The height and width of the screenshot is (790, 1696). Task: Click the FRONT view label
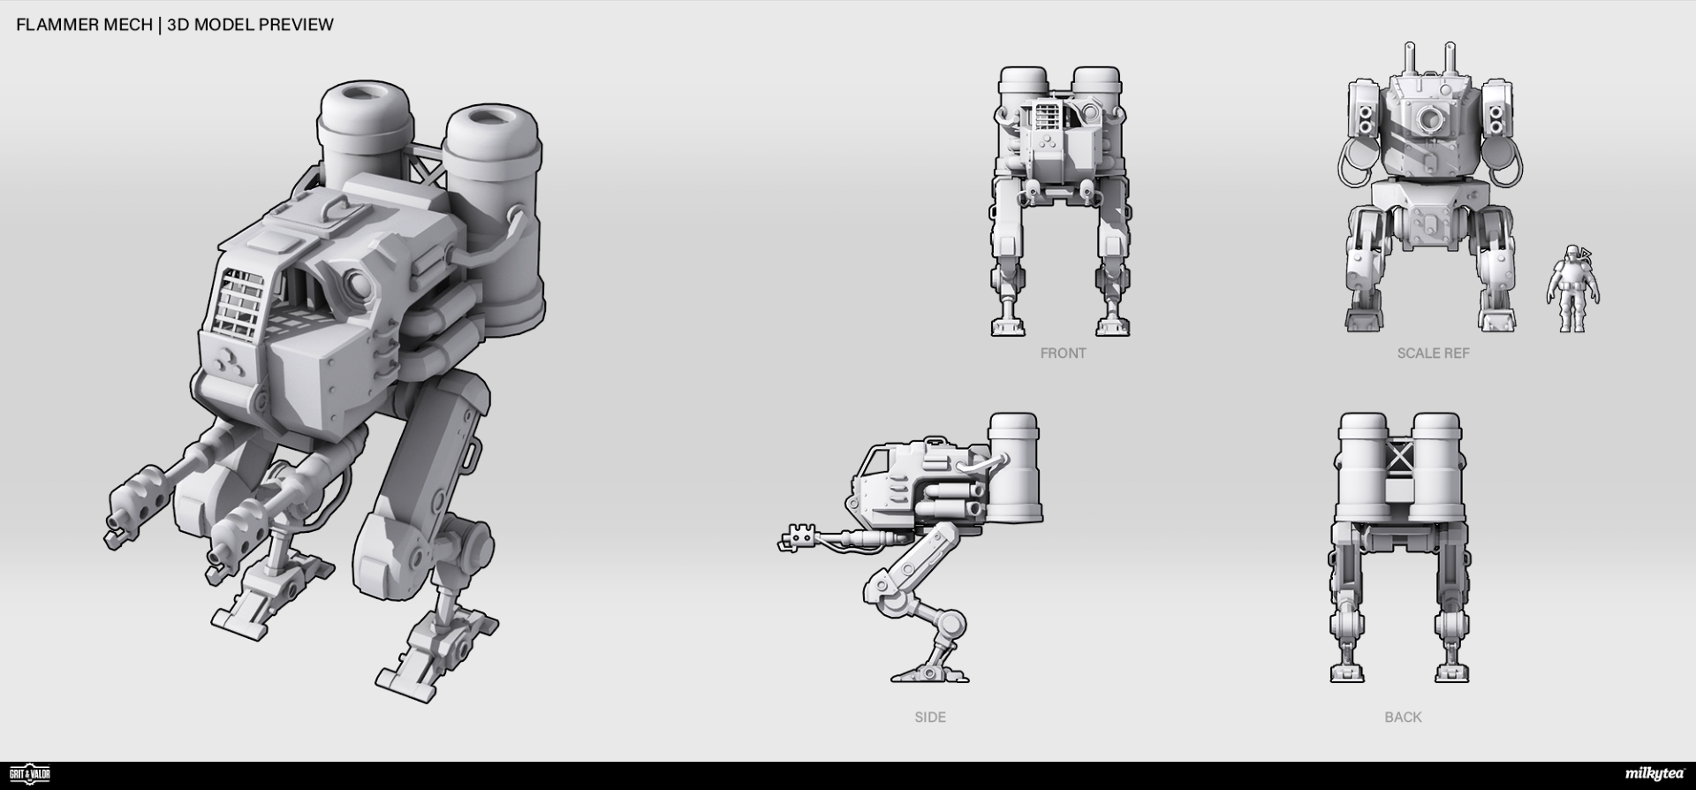click(x=1063, y=353)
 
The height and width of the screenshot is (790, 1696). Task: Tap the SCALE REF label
click(x=1433, y=353)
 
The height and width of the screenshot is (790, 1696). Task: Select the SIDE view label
click(x=930, y=717)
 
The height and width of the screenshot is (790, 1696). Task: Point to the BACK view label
click(x=1403, y=717)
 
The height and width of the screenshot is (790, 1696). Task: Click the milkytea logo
click(x=1654, y=774)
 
